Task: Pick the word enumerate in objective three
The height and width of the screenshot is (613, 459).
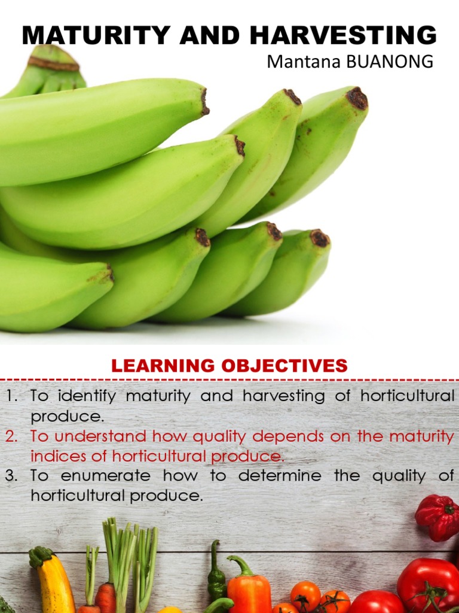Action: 105,477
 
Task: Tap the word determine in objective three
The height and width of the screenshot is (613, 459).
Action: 280,477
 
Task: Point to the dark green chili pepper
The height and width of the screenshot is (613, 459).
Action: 216,575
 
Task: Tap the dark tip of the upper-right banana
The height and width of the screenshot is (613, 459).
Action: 357,98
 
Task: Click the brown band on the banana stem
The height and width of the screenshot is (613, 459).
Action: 53,63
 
